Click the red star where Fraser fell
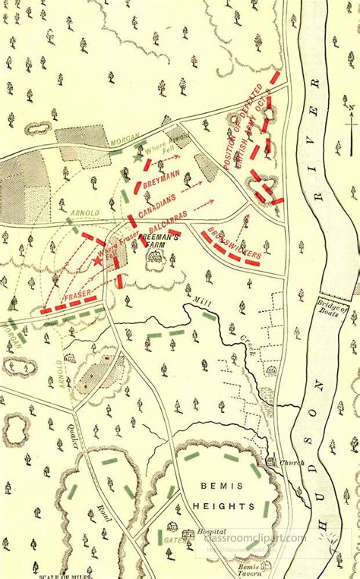pos(97,261)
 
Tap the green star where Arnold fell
pos(137,159)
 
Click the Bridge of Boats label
pos(333,312)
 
